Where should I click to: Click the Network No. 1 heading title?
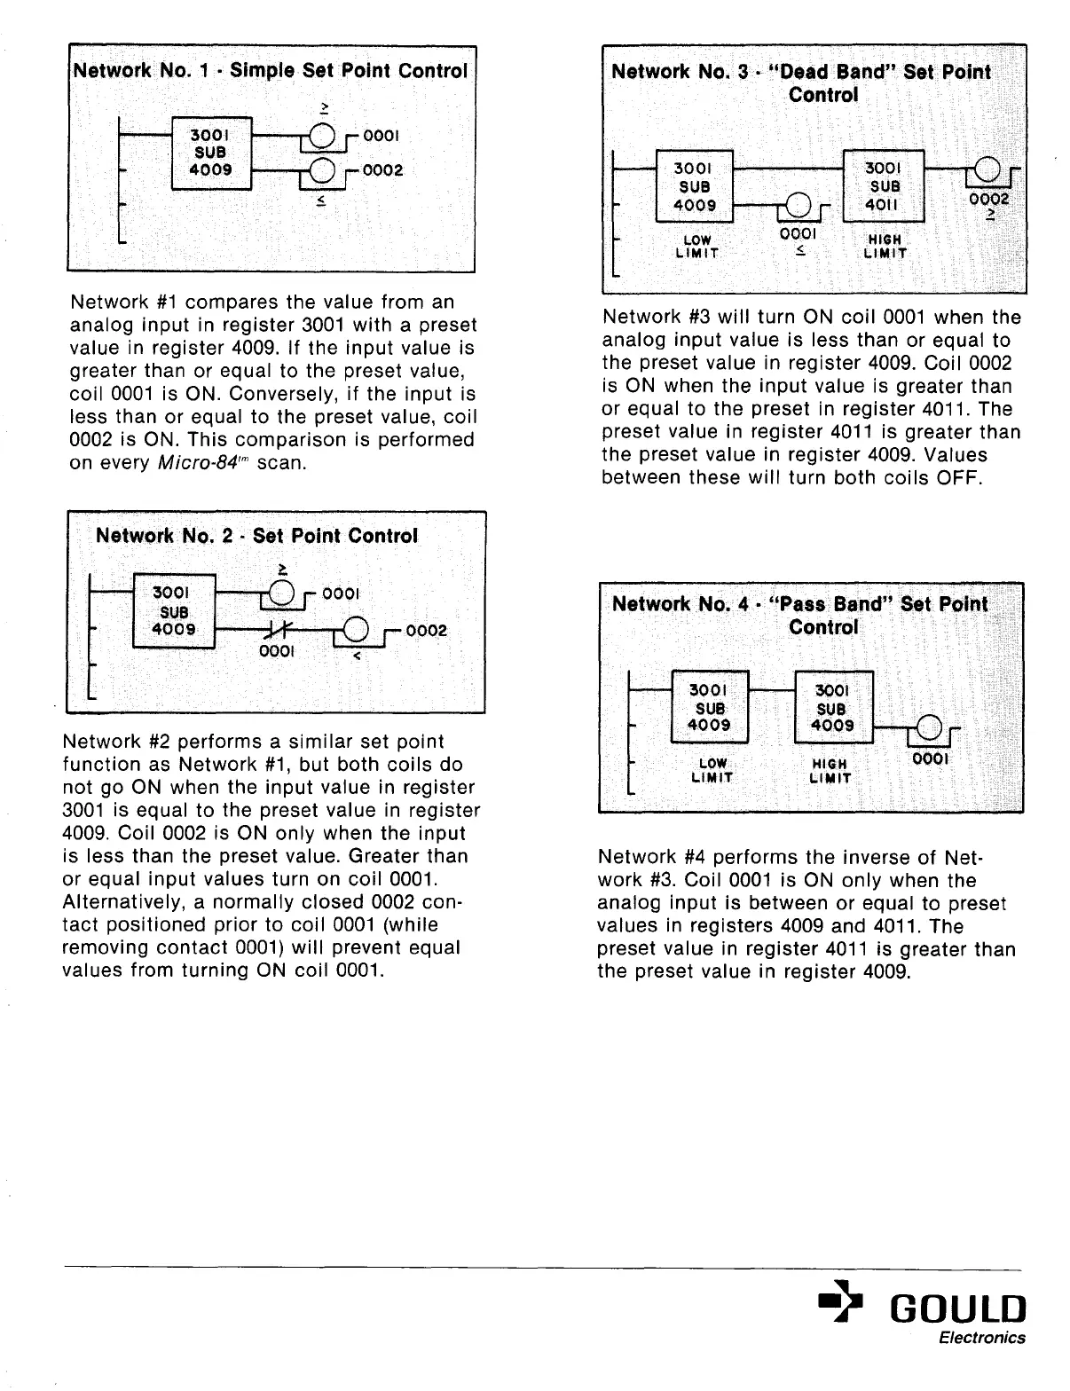271,70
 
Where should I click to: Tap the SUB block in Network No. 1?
211,152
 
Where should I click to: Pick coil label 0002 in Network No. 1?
384,169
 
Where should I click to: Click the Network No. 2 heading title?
256,536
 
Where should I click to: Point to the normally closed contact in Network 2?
270,631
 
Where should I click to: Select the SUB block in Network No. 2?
173,611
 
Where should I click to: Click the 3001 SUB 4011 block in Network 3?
884,186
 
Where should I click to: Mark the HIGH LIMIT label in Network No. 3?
885,247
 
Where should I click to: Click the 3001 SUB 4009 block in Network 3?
695,186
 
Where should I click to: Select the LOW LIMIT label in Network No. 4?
712,770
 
